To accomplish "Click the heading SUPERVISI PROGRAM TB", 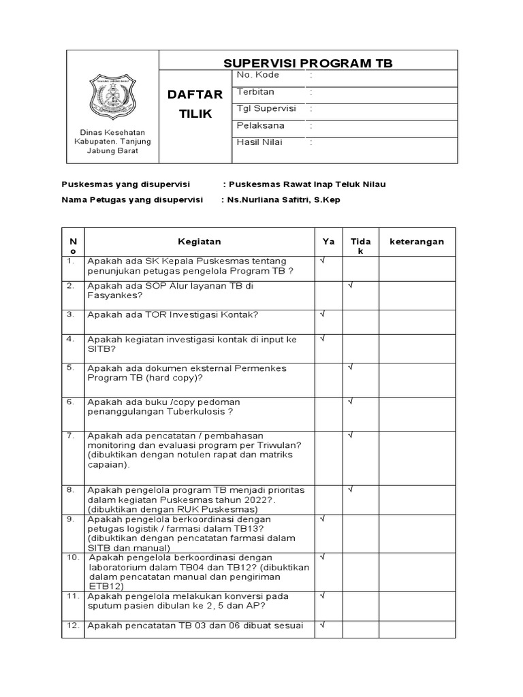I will [x=308, y=63].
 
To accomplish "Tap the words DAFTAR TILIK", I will [x=195, y=104].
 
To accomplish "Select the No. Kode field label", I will [x=257, y=75].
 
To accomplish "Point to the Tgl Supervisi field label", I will [x=266, y=108].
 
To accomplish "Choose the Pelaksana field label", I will [x=260, y=125].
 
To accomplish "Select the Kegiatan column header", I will [x=199, y=242].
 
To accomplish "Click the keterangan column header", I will [x=416, y=242].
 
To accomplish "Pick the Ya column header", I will [x=328, y=242].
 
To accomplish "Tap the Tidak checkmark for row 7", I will [x=350, y=434].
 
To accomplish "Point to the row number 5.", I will [x=70, y=368].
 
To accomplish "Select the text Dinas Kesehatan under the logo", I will [x=113, y=132].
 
